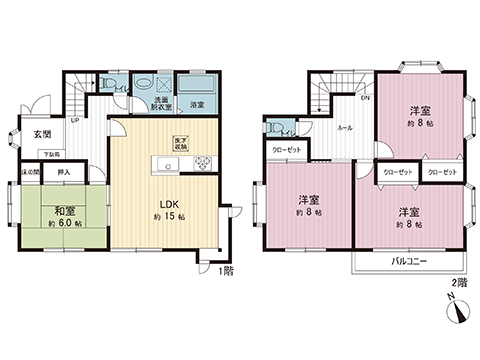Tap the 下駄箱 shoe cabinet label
point(49,153)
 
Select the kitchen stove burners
point(197,164)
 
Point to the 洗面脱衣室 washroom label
point(161,103)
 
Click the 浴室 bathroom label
point(197,103)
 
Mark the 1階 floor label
point(227,269)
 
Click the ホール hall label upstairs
point(343,129)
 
